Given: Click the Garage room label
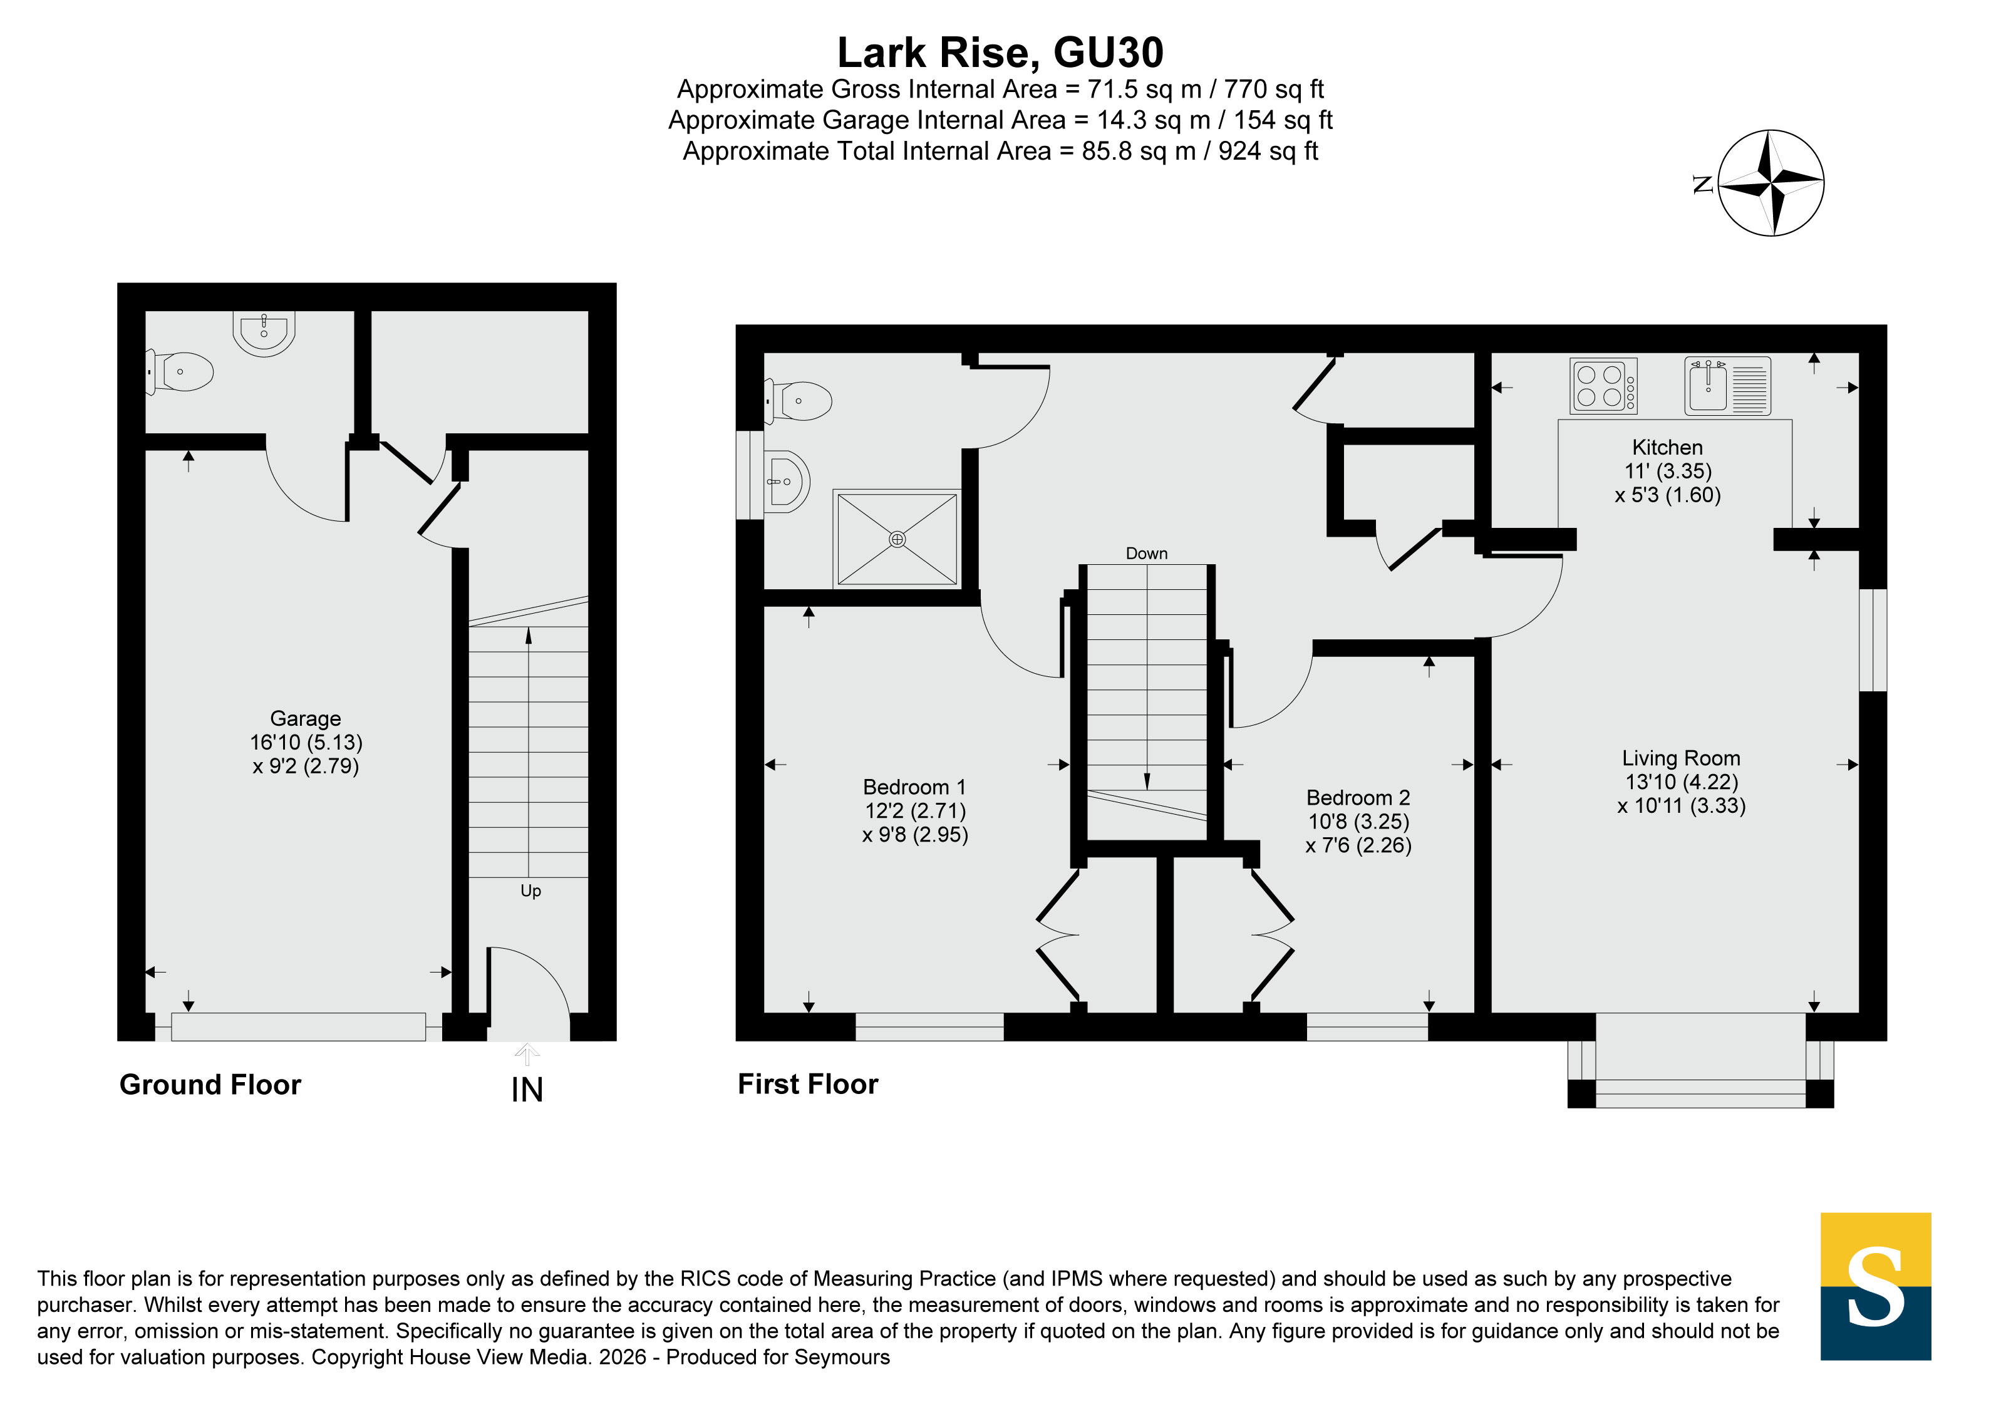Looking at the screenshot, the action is tap(305, 719).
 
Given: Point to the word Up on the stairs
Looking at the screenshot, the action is tap(530, 890).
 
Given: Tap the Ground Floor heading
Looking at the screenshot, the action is tap(210, 1085).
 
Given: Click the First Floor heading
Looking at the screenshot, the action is tap(808, 1084).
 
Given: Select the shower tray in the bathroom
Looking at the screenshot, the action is tap(897, 539).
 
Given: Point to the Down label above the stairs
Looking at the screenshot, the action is tap(1146, 553).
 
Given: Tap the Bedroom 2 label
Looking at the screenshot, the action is tap(1358, 797).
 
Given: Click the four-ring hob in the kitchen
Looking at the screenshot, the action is tap(1603, 386).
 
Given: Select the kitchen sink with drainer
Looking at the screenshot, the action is tap(1727, 386).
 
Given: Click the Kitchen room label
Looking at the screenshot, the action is tap(1667, 447).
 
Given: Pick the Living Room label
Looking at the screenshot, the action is tap(1681, 758).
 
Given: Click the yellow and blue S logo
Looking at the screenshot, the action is tap(1876, 1286).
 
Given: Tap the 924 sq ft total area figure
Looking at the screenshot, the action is tap(1268, 152).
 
